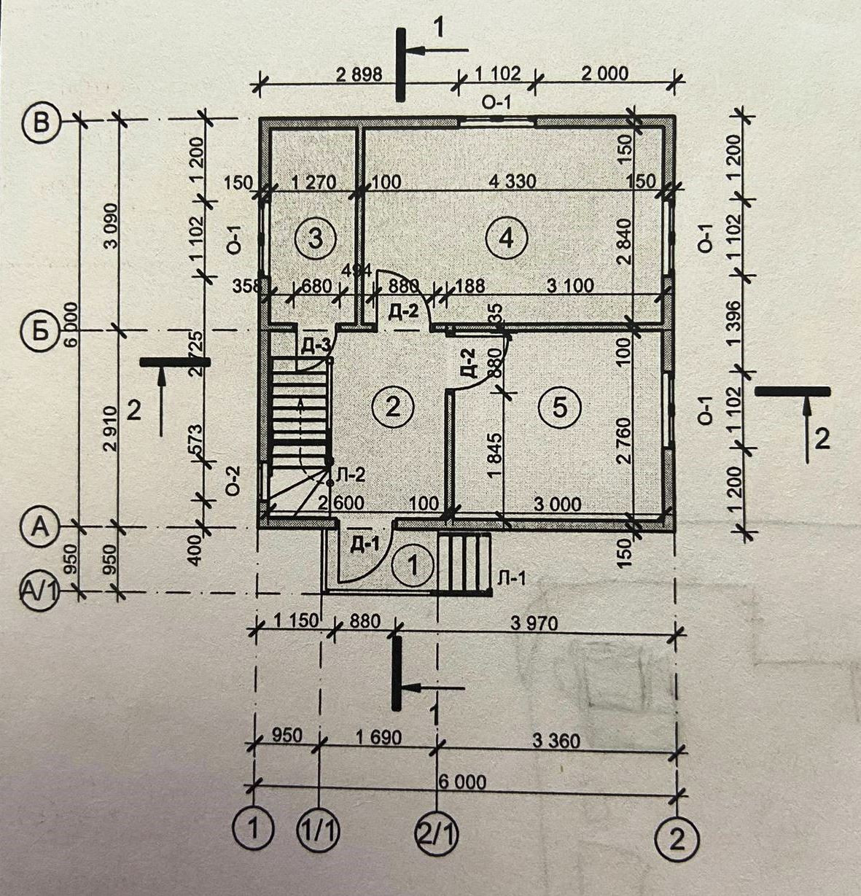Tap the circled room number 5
coord(559,407)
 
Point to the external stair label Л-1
coord(510,577)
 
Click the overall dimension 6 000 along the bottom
coord(462,782)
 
